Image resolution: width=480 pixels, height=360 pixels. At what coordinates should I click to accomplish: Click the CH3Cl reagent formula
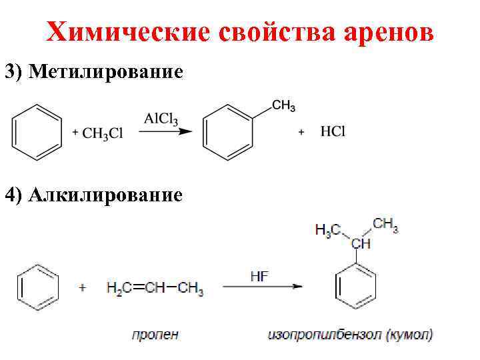[x=103, y=133]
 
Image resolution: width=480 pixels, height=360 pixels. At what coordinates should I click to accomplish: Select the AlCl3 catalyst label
[x=161, y=118]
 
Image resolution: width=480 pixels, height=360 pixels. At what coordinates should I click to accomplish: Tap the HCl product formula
[x=333, y=132]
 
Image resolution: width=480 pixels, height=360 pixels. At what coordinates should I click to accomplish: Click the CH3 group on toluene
[x=283, y=105]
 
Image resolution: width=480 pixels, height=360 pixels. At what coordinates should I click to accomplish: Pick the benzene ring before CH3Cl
[x=37, y=131]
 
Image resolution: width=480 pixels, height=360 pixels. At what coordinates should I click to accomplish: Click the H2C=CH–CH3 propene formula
[x=155, y=289]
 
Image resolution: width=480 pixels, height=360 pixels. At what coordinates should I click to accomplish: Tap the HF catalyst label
[x=259, y=275]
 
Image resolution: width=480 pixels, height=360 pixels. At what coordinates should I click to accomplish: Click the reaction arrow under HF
[x=262, y=287]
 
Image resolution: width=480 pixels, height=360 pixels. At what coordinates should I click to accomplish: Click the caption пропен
[x=154, y=333]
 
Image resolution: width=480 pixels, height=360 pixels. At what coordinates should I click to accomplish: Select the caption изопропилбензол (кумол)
[x=349, y=333]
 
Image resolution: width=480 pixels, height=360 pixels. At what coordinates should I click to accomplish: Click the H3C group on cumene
[x=327, y=230]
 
